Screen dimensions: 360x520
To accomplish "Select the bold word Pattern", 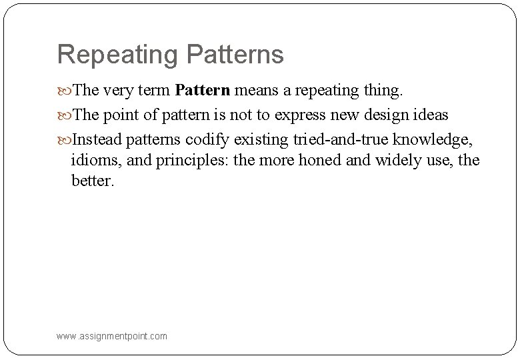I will [x=203, y=89].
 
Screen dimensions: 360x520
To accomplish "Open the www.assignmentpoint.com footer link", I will [x=113, y=337].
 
